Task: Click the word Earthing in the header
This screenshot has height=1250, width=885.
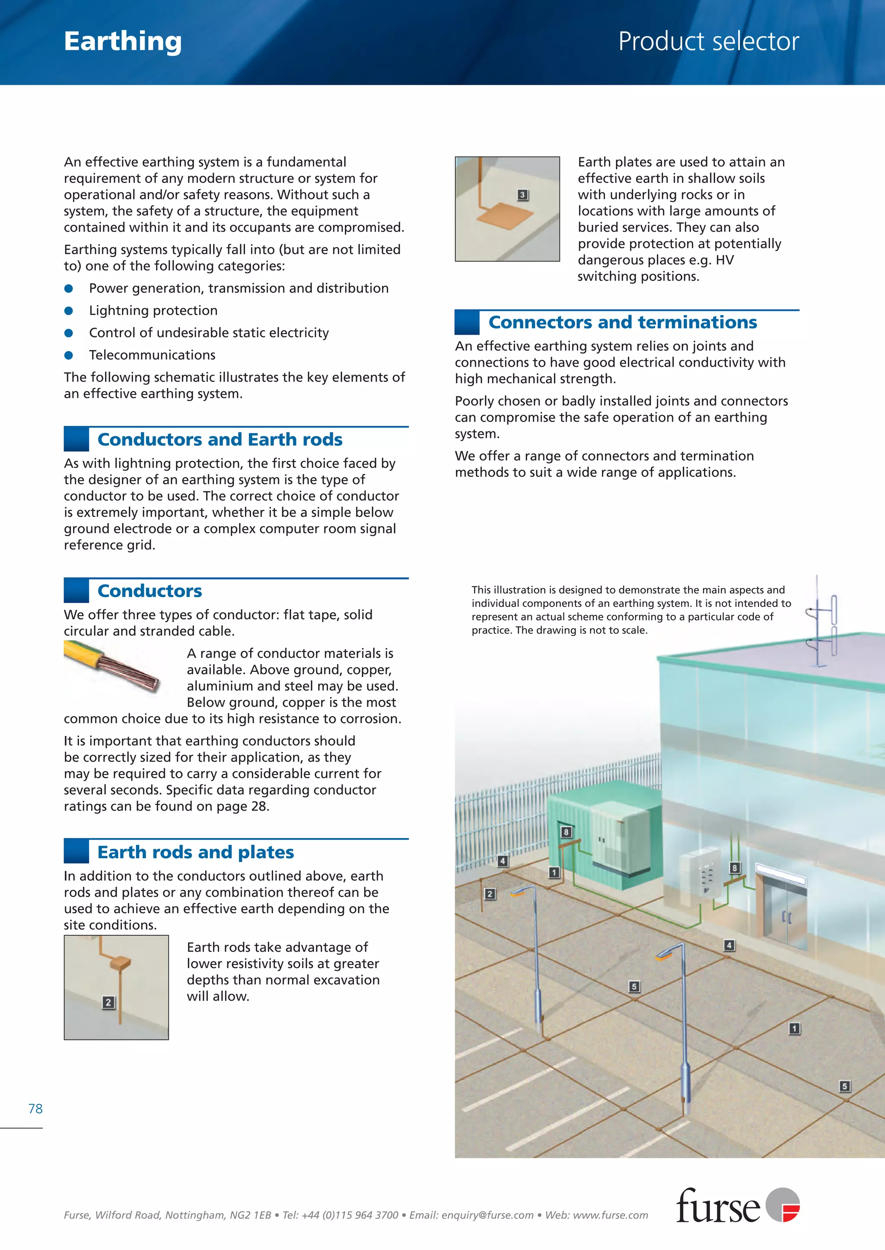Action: coord(123,42)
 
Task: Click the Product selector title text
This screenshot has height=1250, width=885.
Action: coord(708,42)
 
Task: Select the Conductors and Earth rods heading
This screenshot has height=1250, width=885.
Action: coord(220,439)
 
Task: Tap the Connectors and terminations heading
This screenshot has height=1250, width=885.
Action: coord(622,322)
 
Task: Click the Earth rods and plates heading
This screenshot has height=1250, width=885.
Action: coord(196,852)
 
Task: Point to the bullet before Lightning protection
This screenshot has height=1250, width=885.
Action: coord(69,311)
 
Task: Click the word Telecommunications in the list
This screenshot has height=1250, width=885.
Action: coord(152,355)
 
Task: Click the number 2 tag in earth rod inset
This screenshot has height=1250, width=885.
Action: coord(108,1002)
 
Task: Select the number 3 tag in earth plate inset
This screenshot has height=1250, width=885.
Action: coord(522,195)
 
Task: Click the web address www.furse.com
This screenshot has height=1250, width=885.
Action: coord(610,1215)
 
